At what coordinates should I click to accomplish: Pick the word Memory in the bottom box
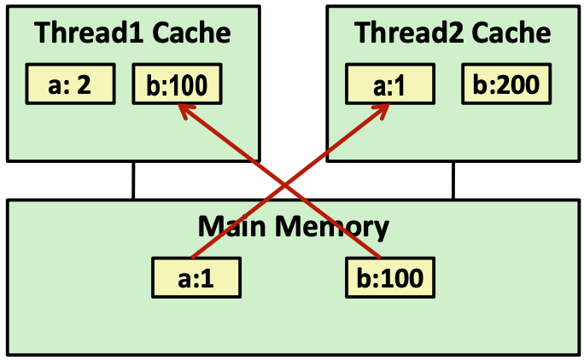click(332, 227)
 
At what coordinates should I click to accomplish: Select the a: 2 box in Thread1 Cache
click(70, 84)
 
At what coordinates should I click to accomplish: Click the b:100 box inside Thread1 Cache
click(177, 84)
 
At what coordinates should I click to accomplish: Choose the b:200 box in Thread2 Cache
click(505, 84)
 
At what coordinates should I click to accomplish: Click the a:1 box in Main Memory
click(195, 278)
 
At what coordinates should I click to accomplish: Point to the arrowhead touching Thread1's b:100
click(182, 108)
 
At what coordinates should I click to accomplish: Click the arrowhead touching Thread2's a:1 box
click(385, 109)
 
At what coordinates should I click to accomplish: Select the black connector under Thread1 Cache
click(134, 180)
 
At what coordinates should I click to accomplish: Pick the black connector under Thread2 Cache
click(453, 180)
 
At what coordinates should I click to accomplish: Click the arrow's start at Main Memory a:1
click(193, 255)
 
